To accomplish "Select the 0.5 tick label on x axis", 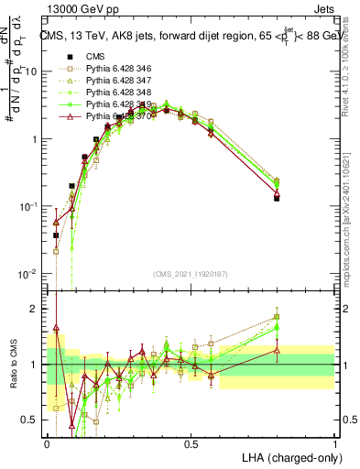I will coord(191,444).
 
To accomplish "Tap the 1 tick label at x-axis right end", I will coord(335,444).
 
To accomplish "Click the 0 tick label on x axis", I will coord(47,444).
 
